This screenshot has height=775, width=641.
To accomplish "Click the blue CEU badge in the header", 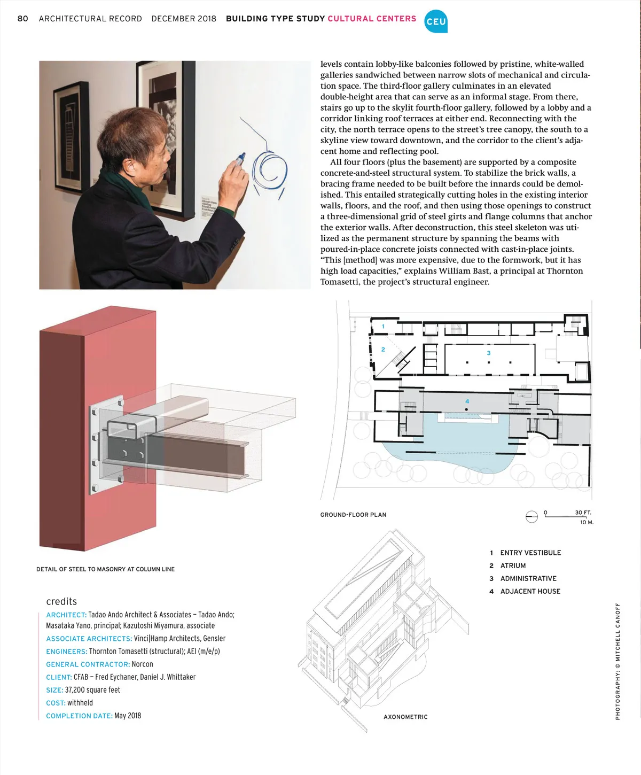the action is point(436,21).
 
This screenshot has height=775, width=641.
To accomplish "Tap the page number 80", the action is point(22,19).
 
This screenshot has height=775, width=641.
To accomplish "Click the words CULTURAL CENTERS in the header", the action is point(372,19).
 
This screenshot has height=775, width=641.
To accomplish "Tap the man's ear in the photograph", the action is point(129,167).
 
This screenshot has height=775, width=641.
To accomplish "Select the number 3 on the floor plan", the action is point(489,353).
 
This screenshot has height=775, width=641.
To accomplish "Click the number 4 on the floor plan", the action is point(467,401).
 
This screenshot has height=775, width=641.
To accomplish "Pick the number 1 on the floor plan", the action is point(383,327).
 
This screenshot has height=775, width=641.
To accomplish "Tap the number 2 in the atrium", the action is point(383,350).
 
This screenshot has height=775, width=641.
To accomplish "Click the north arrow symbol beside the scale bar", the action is point(531,516).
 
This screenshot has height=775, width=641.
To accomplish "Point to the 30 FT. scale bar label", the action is point(583,513).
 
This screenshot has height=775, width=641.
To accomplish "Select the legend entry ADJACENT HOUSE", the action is point(530,591).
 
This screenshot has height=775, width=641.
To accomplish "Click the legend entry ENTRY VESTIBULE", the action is point(530,553).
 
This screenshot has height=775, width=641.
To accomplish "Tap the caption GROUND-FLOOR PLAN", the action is point(353,515).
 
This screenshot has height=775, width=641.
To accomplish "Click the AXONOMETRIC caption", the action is point(405,717).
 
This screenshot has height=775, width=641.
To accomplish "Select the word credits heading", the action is point(61,601).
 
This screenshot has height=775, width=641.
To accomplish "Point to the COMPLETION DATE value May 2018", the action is point(128,716).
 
